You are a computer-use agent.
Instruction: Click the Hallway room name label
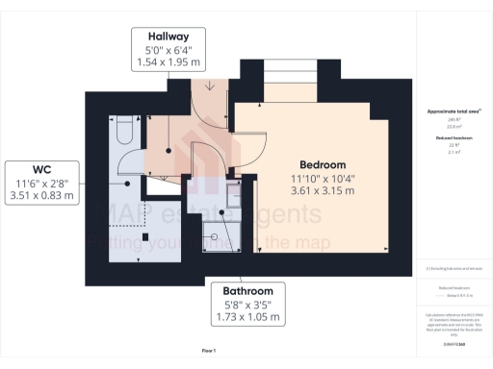tap(168, 37)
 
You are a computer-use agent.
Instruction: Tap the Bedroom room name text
tap(323, 164)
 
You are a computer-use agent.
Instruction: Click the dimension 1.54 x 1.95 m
tap(168, 62)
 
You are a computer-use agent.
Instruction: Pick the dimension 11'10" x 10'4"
tap(323, 178)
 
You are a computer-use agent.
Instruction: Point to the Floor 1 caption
tap(209, 351)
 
